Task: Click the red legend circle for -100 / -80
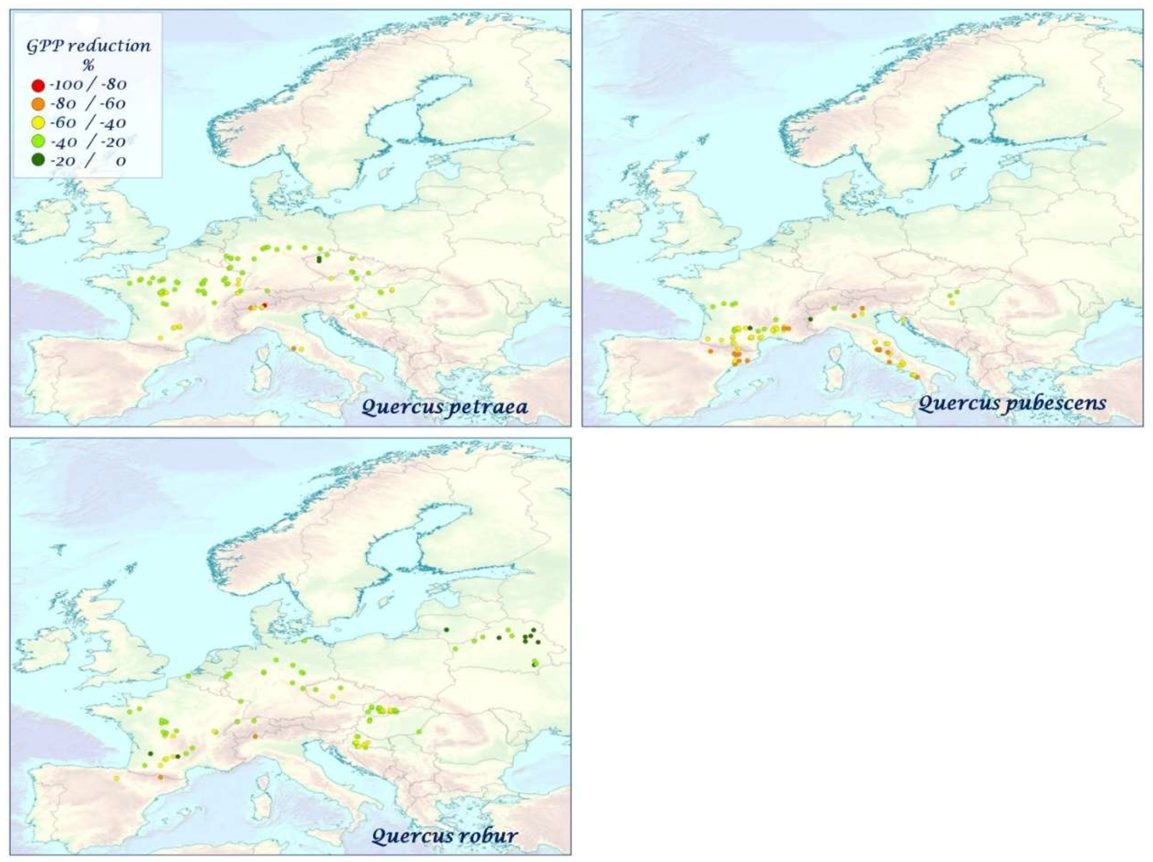point(38,85)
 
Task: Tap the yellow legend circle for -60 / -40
point(38,124)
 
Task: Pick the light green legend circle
point(38,142)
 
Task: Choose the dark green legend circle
point(38,161)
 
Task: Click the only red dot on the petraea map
point(264,305)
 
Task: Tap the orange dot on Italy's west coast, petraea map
point(293,348)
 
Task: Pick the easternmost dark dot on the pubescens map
point(810,319)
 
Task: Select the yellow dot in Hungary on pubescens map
point(952,303)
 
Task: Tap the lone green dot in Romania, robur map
point(418,732)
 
